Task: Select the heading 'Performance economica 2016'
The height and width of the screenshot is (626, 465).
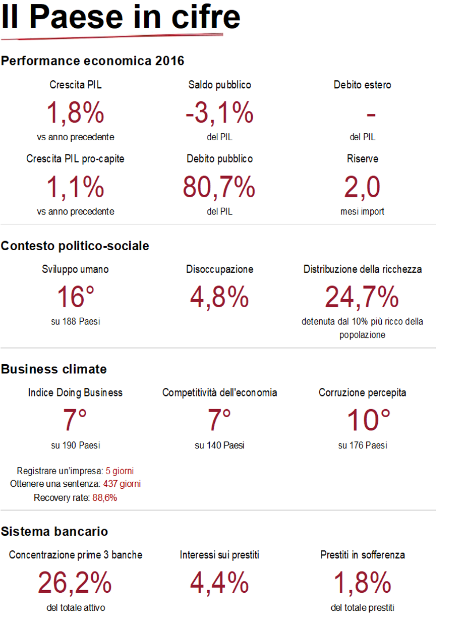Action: (x=93, y=61)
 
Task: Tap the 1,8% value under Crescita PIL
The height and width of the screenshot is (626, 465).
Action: (x=76, y=113)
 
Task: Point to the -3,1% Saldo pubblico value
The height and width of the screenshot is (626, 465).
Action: (x=219, y=113)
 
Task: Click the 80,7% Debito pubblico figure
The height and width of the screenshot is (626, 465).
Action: (x=219, y=187)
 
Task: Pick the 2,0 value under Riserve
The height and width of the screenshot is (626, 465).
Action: (x=362, y=187)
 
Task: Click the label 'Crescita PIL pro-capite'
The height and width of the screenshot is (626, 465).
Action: (x=76, y=159)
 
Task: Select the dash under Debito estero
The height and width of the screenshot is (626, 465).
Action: (x=371, y=115)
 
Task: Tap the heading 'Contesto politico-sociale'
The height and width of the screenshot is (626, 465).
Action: (x=75, y=246)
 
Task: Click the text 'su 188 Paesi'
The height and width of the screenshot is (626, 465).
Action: (x=76, y=321)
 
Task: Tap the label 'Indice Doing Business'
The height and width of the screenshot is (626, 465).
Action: (x=76, y=392)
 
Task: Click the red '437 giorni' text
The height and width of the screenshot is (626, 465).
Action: (x=122, y=484)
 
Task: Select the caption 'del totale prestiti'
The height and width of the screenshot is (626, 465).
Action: (x=362, y=608)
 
